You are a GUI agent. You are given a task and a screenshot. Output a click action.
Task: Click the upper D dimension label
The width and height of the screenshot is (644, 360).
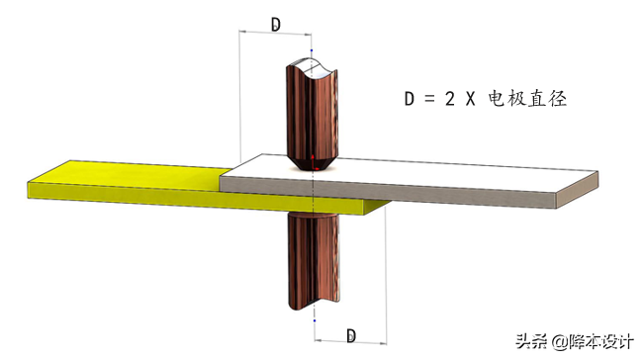point(276,24)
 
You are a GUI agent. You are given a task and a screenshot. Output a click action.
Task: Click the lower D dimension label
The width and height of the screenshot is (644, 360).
point(351,336)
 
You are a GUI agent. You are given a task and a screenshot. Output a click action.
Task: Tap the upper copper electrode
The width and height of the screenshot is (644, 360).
point(313,115)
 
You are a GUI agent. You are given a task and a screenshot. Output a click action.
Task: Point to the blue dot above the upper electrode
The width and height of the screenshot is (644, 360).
point(312,50)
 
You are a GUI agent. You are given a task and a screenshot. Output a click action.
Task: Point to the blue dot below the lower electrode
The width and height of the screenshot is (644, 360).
point(315,320)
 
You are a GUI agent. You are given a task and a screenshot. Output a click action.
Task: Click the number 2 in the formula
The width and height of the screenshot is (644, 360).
point(450,99)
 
